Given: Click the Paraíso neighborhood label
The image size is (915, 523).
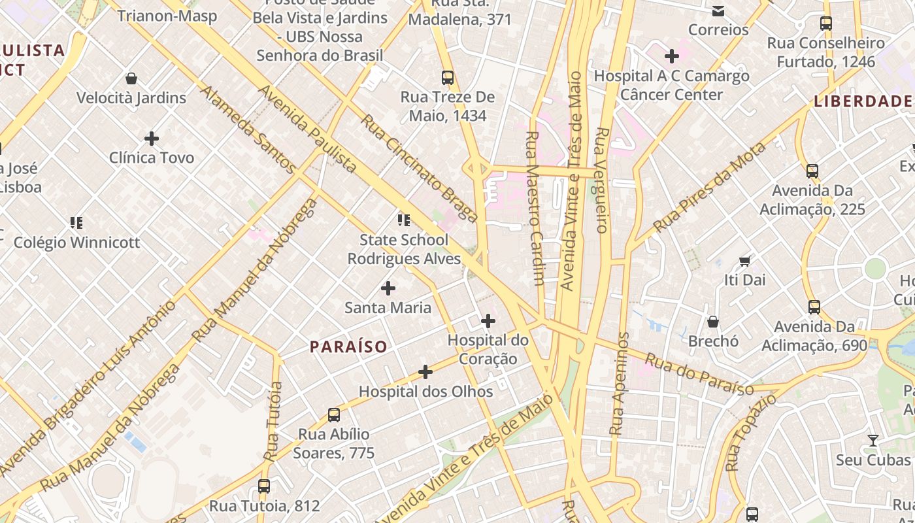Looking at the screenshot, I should click(348, 346).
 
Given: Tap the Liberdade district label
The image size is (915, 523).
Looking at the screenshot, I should click(863, 101).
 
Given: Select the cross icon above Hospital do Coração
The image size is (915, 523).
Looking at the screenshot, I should click(488, 321).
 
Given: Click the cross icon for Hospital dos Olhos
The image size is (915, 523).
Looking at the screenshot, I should click(425, 372).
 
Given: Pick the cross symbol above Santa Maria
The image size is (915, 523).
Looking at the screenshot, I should click(388, 288).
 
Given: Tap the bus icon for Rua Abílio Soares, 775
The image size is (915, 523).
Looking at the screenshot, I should click(334, 414).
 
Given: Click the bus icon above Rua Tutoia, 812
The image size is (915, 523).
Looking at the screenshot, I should click(264, 486).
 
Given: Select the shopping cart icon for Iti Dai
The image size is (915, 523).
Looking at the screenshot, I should click(744, 261).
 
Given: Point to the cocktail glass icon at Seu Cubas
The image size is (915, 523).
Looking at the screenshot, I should click(873, 441).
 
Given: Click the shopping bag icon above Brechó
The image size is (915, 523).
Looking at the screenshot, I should click(713, 322).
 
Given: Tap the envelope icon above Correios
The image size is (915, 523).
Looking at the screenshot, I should click(718, 10).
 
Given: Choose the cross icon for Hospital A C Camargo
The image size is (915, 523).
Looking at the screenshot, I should click(671, 56).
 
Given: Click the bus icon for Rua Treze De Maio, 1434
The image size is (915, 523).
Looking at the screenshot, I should click(448, 78).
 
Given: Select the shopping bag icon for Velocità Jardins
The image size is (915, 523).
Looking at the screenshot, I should click(131, 79).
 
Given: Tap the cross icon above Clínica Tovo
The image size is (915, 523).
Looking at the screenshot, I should click(152, 139).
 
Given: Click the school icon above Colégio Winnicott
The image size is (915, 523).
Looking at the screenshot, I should click(76, 223).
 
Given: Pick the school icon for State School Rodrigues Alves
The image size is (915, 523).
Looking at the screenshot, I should click(404, 220).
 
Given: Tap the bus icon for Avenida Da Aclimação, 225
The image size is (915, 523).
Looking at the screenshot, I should click(812, 171).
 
